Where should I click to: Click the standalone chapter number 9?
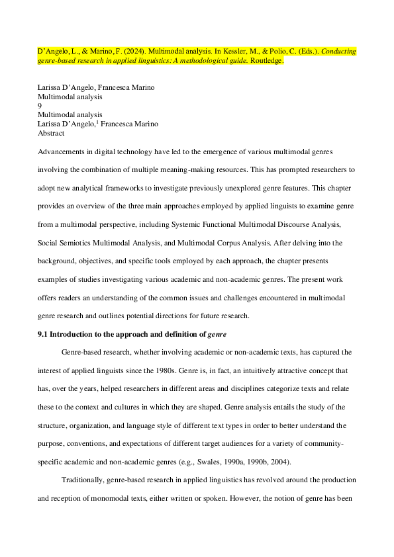[40, 105]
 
